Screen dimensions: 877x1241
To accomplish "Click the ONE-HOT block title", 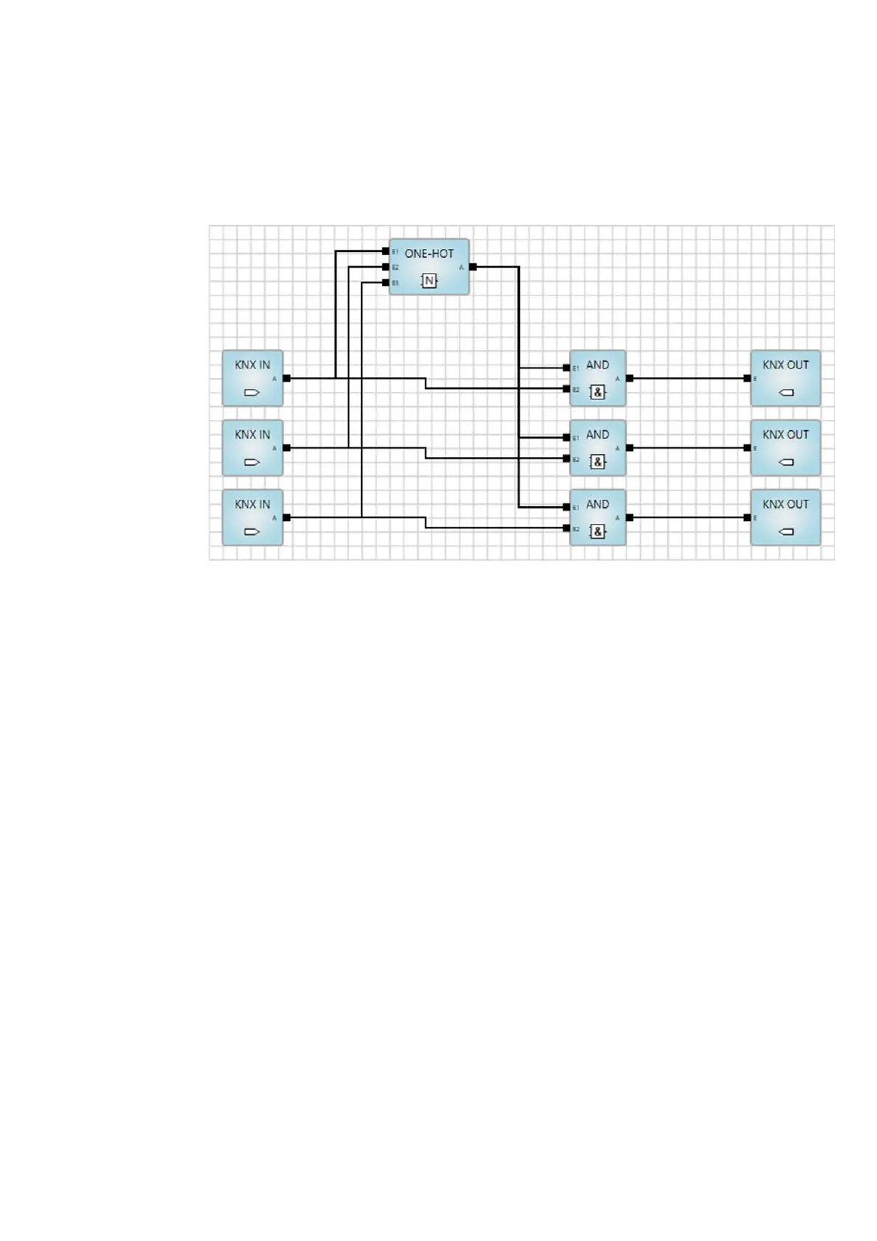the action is (429, 254).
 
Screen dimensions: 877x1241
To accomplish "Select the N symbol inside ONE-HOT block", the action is (429, 281).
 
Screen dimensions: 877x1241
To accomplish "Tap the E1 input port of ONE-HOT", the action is (385, 251).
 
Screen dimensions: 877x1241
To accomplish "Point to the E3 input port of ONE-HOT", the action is (385, 282).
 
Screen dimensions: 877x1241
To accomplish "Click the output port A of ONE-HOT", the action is (473, 267).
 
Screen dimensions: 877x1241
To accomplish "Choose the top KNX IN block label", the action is (252, 365).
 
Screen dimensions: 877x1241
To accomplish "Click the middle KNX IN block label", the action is (252, 435).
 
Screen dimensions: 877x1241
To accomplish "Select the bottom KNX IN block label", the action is (252, 505).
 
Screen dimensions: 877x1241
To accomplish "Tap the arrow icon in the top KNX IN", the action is (252, 393).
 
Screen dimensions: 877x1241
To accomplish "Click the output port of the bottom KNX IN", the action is (286, 517).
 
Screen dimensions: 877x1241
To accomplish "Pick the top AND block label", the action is (597, 365).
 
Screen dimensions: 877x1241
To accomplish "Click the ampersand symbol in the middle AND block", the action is (597, 462).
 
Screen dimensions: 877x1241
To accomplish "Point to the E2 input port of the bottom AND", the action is (566, 528).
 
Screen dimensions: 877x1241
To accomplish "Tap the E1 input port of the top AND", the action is (566, 367).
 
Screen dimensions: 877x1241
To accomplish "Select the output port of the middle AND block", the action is (630, 447).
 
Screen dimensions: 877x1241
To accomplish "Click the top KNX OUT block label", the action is (785, 365).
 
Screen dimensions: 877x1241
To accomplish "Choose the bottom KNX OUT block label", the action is (785, 505).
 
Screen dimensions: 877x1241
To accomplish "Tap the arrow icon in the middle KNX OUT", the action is (786, 463).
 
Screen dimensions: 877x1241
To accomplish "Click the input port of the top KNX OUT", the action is (747, 378).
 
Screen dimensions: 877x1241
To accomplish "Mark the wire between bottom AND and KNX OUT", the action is (688, 517).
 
